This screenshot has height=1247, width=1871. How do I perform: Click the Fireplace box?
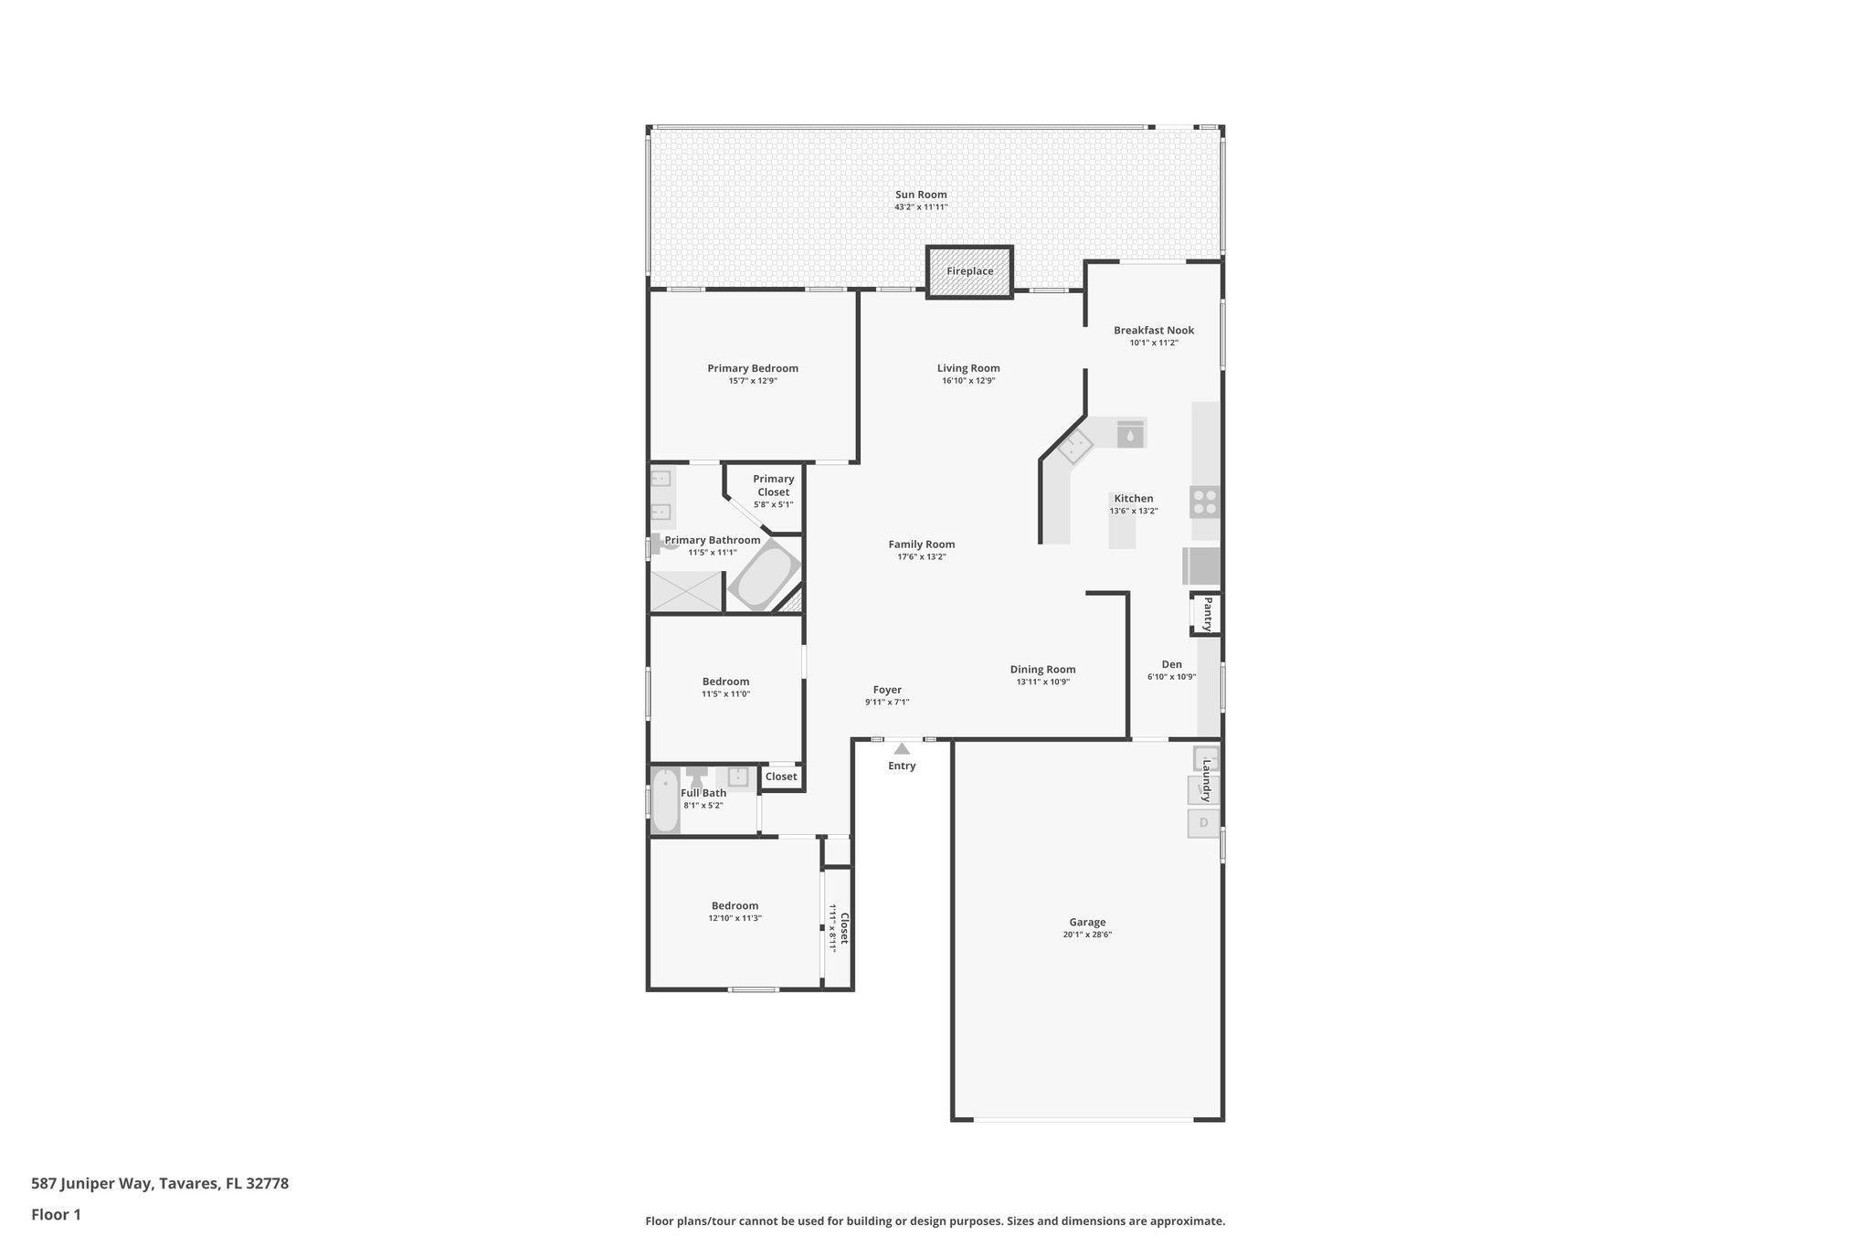point(969,271)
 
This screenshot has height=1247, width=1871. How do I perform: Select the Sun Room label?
point(921,195)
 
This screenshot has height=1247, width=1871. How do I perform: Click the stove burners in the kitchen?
point(1205,502)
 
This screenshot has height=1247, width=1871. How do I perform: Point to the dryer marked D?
point(1203,823)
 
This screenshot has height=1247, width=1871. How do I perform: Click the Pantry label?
point(1207,614)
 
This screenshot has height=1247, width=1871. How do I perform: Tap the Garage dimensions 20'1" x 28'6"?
point(1087,935)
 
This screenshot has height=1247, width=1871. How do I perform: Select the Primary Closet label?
point(774,485)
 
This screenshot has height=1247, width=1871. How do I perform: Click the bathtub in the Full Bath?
point(665,801)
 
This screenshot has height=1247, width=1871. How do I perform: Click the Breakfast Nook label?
point(1154,331)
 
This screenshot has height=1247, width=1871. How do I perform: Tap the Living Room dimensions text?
point(968,381)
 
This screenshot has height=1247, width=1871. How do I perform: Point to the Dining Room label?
point(1042,670)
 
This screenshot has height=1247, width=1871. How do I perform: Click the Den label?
point(1171,665)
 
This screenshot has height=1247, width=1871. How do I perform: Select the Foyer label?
point(887,691)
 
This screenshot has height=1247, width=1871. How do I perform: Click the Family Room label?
point(922,544)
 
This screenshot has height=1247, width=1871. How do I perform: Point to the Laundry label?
point(1207,777)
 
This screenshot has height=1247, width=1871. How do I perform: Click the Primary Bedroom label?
point(753,369)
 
